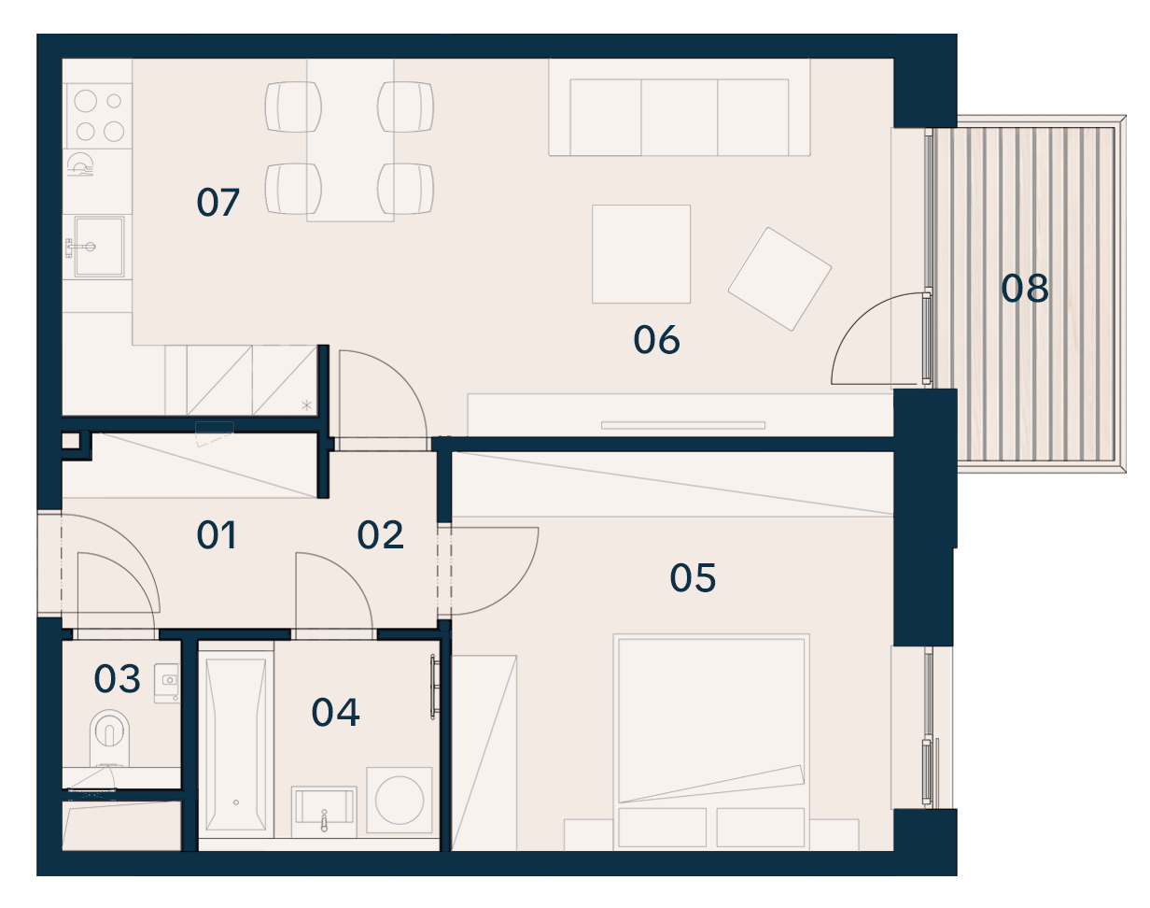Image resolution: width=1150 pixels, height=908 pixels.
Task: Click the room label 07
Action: coord(217,203)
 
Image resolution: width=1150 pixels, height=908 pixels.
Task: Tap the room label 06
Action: coord(656,340)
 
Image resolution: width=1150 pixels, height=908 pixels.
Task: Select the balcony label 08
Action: coord(1024,289)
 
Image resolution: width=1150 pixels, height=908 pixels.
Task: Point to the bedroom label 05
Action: coord(693,578)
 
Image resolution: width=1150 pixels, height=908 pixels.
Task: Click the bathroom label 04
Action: coord(336,712)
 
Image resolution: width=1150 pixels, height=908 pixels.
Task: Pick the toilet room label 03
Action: coord(117,679)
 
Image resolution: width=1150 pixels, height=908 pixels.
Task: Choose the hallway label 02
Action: coord(380,534)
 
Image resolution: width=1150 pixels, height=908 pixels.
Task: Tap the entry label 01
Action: coord(217,534)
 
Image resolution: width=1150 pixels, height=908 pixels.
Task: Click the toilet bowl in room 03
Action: coord(109,738)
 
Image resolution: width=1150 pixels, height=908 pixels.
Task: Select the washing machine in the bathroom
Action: coord(400,800)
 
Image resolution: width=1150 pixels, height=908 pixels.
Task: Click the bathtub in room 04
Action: coord(235,745)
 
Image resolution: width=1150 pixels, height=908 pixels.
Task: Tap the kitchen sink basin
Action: coord(99,247)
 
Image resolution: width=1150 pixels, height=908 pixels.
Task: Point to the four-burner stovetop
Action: coord(98,116)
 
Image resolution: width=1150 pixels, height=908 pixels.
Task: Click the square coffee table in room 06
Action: coord(640,254)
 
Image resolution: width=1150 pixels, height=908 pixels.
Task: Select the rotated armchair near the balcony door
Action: coord(779,279)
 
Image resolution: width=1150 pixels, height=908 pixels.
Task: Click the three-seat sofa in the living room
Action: coord(680,107)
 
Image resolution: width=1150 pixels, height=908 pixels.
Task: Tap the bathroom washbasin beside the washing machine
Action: coord(324,812)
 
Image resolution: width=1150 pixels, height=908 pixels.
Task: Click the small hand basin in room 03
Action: coord(167,683)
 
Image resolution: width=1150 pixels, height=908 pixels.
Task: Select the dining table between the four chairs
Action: coord(350,140)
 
